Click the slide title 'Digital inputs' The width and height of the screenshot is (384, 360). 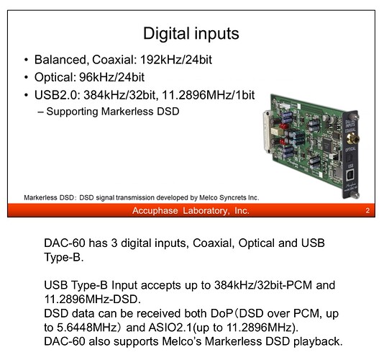click(191, 34)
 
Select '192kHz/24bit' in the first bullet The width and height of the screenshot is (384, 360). click(176, 60)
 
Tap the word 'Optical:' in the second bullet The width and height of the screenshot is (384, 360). click(55, 78)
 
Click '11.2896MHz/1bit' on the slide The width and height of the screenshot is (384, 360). click(208, 95)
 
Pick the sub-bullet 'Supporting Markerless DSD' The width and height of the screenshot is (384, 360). click(113, 112)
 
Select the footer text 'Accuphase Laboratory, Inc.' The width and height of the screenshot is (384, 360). click(191, 211)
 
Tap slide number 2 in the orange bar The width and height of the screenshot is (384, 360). click(367, 211)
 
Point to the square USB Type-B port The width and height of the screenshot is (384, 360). click(350, 176)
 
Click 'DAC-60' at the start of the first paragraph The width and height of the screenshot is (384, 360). click(65, 243)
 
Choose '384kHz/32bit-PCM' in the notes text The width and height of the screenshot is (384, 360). click(263, 285)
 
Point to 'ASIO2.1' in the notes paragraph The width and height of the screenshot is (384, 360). click(170, 328)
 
